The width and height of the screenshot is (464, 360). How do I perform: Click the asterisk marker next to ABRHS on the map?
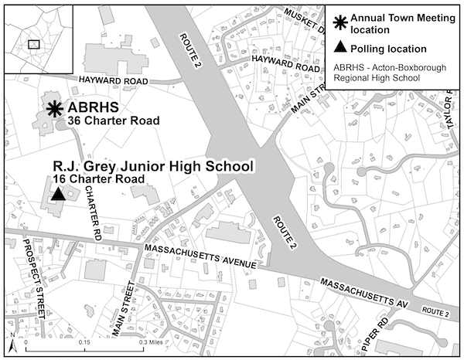[55, 110]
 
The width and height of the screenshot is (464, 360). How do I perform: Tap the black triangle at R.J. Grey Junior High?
[56, 195]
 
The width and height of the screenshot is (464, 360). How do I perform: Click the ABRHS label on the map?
[95, 108]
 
